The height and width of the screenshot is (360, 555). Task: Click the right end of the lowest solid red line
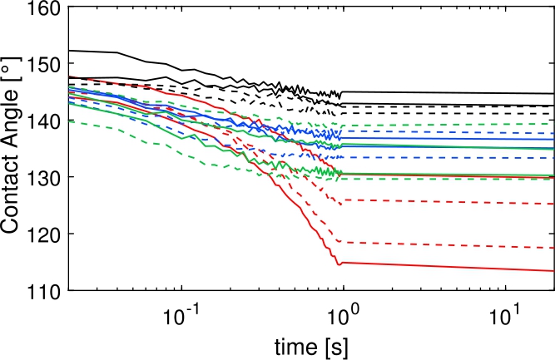[x=553, y=271]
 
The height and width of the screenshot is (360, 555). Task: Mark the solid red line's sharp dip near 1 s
[x=338, y=264]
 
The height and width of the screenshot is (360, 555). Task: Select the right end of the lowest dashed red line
[x=553, y=249]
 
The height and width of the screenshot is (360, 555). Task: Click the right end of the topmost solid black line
[x=553, y=94]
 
